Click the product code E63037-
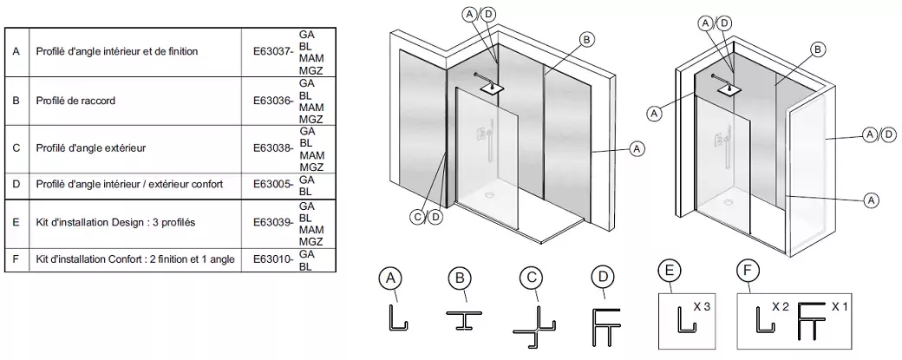[272, 52]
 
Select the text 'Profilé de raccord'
[76, 101]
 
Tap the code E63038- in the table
[272, 148]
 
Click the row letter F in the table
[16, 259]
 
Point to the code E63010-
[272, 259]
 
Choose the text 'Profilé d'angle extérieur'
[91, 148]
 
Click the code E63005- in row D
[272, 185]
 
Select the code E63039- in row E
[272, 222]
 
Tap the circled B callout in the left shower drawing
[586, 39]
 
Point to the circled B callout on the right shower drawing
[817, 50]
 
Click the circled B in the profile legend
[460, 278]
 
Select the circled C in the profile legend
[529, 278]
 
